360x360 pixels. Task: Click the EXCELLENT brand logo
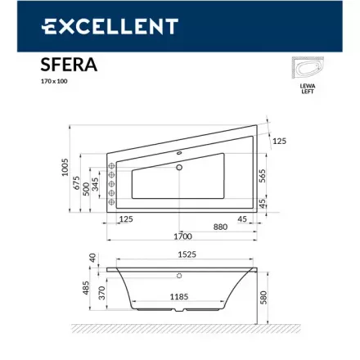click(109, 26)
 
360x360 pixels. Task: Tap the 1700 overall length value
click(183, 236)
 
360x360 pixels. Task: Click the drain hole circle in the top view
click(179, 168)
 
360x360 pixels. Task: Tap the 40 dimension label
click(92, 259)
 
